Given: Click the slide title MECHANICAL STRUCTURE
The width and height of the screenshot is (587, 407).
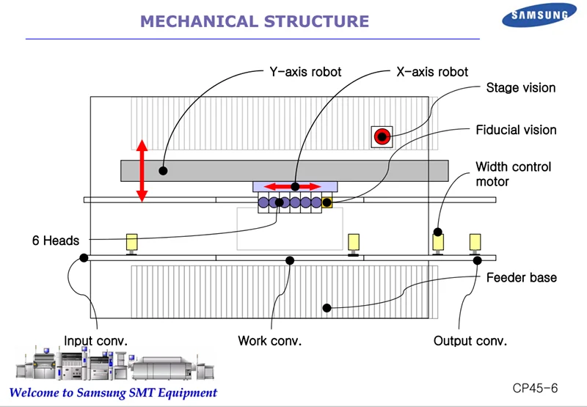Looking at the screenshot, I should tap(254, 21).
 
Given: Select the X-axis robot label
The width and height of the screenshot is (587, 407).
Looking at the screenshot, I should tap(431, 72).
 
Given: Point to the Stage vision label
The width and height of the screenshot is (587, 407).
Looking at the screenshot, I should tap(520, 88).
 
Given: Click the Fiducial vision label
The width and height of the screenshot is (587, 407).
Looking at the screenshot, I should tap(516, 130).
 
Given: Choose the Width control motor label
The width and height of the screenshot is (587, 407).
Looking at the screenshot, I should tap(513, 174).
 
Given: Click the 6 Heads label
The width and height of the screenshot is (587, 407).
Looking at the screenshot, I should tap(55, 241).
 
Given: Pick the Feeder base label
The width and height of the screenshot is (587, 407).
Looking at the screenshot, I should tap(521, 278).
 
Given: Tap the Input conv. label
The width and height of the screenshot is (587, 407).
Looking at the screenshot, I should tap(96, 341).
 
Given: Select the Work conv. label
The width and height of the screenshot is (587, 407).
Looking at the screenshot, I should tap(269, 341).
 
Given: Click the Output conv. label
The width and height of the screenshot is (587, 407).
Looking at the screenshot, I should tap(470, 341).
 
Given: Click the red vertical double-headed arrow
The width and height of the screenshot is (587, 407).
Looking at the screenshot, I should tap(142, 172).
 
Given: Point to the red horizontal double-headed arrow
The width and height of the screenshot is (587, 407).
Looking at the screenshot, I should tap(293, 186).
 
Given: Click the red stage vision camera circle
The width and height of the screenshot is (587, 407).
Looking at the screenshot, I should tap(382, 136).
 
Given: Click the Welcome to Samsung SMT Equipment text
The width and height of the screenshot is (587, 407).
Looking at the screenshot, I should tap(113, 392).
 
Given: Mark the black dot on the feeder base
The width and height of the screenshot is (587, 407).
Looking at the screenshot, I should tap(328, 308).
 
